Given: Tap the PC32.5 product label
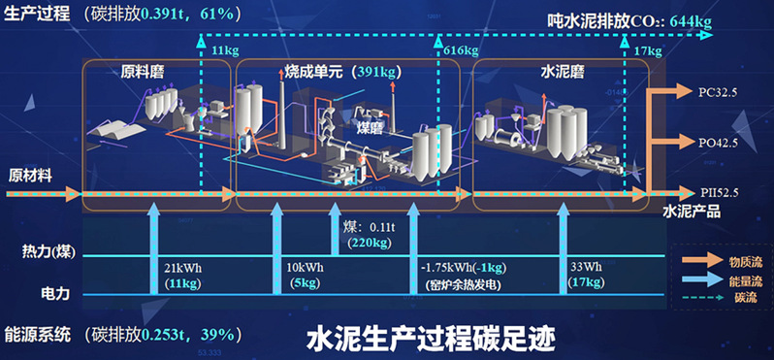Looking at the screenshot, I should click(x=719, y=93).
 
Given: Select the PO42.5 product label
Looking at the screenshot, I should click(x=719, y=143).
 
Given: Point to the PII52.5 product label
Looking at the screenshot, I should click(x=719, y=191).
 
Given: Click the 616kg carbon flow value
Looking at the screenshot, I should click(x=460, y=49).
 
